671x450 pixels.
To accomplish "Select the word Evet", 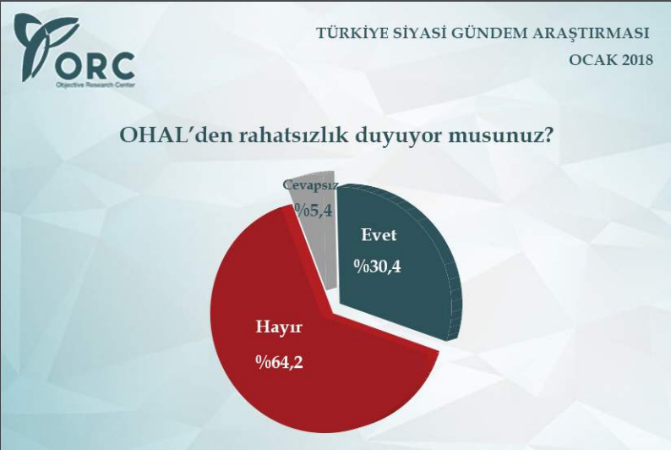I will (x=379, y=235).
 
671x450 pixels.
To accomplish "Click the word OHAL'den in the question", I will (x=168, y=135).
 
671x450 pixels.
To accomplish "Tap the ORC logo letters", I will (x=95, y=65).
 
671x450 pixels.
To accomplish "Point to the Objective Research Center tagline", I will (x=95, y=85).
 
